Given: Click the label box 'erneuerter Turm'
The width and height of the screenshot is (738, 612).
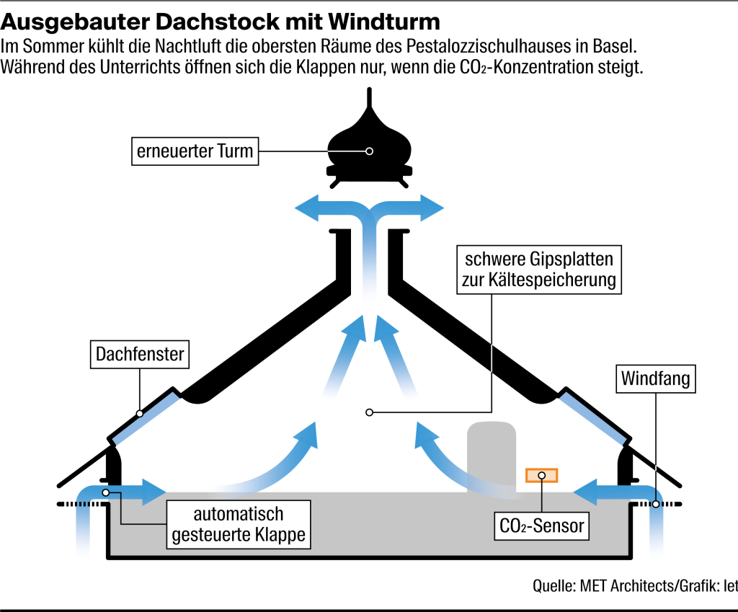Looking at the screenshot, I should coord(195,151).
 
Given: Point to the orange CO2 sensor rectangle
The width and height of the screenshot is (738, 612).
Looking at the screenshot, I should coord(542,475).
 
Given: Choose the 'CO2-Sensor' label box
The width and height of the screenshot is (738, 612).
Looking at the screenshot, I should coord(542,525).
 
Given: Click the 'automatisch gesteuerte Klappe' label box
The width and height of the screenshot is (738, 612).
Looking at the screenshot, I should coord(239,525).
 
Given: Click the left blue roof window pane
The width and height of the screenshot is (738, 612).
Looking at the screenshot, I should coord(144,415).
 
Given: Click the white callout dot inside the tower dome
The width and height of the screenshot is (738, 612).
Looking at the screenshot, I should coord(369,151).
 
